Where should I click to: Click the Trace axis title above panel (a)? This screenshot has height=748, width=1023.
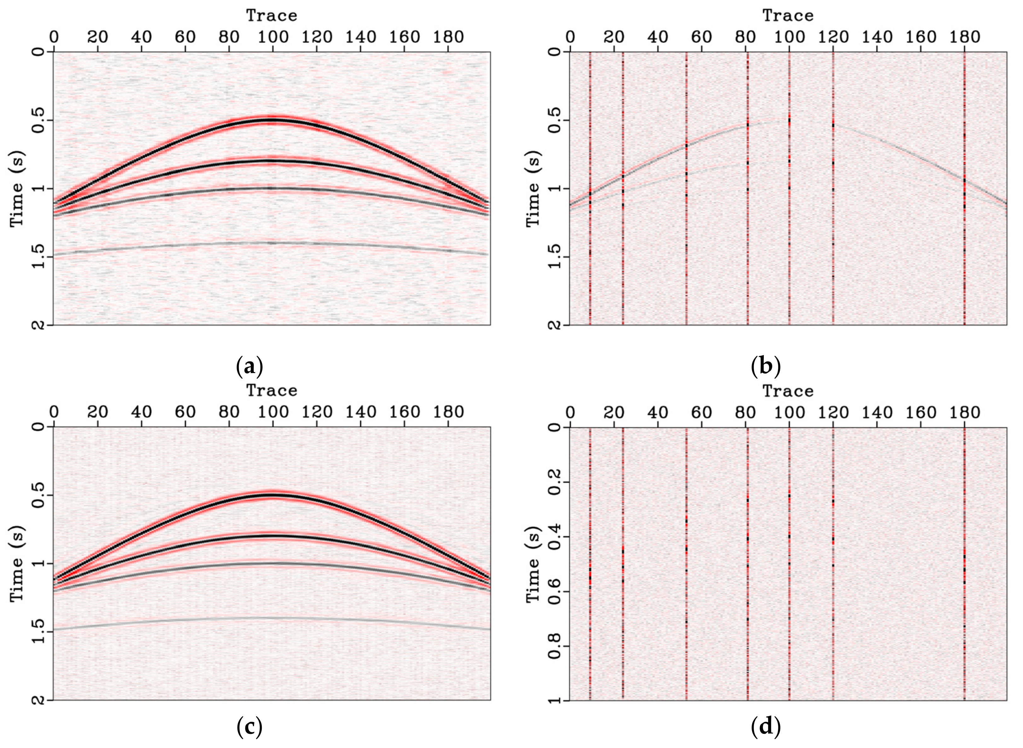(x=272, y=16)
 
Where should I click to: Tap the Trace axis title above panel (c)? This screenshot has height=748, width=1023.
(x=272, y=390)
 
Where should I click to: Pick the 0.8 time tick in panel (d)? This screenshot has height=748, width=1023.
(x=555, y=646)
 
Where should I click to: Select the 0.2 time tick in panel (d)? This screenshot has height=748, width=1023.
(x=555, y=482)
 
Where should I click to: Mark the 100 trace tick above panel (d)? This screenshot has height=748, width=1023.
(x=789, y=412)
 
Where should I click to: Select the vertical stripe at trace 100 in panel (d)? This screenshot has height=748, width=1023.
(x=789, y=566)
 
